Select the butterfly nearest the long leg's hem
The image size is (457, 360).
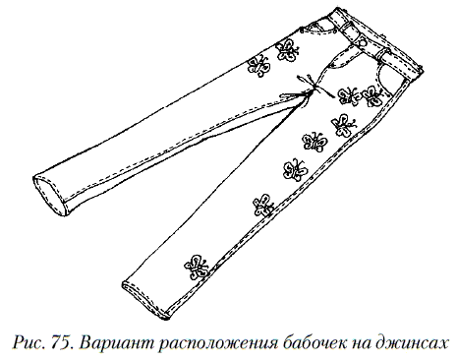click(194, 265)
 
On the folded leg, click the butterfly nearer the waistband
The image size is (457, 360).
click(287, 48)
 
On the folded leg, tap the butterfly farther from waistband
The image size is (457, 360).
click(258, 66)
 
